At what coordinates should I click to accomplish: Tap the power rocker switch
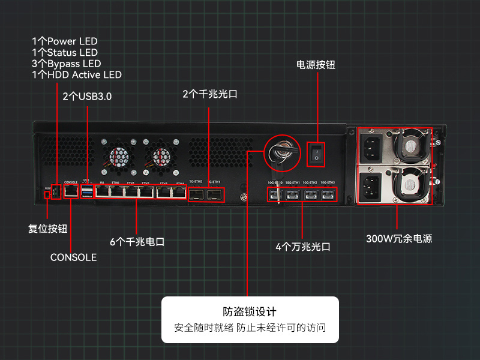coord(316,154)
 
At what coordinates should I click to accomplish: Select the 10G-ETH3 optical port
coord(328,195)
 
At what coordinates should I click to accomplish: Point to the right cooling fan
coord(161,157)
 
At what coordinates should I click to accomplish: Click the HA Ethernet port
coord(103,192)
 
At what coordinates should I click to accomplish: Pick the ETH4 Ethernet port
coord(178,192)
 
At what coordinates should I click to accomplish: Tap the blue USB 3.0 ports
coord(88,191)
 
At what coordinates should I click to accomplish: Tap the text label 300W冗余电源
coord(399,239)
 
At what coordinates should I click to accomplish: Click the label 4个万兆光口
coord(303,247)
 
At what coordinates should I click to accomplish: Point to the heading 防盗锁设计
coord(250,312)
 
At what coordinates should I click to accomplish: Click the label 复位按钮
coord(48,229)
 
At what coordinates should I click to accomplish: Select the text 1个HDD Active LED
coord(77,75)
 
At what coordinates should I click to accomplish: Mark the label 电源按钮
coord(316,64)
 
